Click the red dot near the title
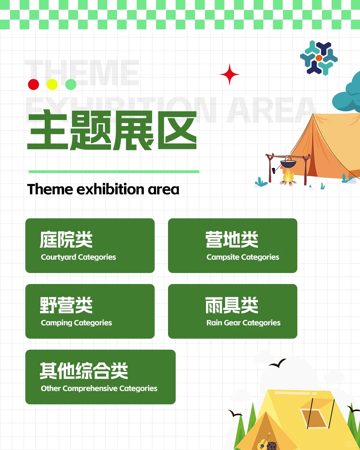point(33,84)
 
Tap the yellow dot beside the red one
point(52,84)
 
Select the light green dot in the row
point(71,84)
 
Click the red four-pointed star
point(229,74)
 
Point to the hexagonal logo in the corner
point(319,58)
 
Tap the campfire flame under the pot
point(288,176)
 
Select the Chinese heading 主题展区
point(112,131)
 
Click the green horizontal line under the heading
point(114,172)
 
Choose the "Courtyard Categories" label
point(78,257)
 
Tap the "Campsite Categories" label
point(243,257)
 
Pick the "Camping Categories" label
point(76,323)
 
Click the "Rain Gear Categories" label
point(243,323)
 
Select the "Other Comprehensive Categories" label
point(99,388)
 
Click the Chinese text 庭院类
point(66,239)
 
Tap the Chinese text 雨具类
point(232,305)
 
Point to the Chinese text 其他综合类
point(84,371)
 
